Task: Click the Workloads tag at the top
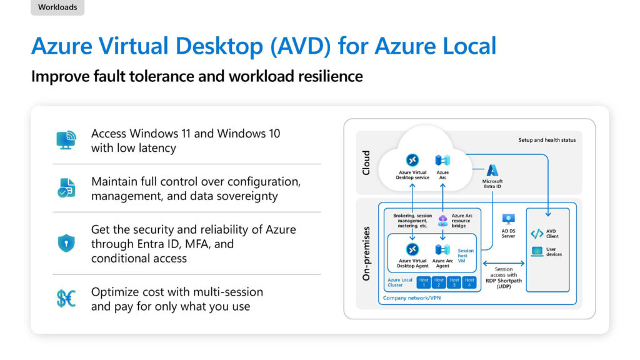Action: (x=57, y=7)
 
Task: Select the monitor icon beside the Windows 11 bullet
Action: (x=66, y=140)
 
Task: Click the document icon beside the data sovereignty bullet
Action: (x=66, y=187)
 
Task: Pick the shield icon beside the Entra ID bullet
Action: (x=66, y=243)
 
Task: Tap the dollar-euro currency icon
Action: (x=66, y=298)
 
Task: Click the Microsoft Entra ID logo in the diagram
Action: (x=492, y=170)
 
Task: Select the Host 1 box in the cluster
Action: (x=424, y=282)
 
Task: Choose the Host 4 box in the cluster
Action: (x=469, y=282)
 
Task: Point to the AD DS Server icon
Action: (x=508, y=219)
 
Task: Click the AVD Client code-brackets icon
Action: (x=537, y=234)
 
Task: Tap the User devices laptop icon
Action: (x=537, y=251)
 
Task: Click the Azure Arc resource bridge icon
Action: (x=443, y=221)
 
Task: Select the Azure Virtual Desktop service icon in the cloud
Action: (x=412, y=160)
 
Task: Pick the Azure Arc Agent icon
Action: (x=442, y=249)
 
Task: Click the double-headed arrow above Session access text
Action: (x=504, y=263)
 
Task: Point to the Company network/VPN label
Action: (x=412, y=298)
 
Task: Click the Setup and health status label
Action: (x=547, y=140)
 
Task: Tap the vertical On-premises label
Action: (x=366, y=254)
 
